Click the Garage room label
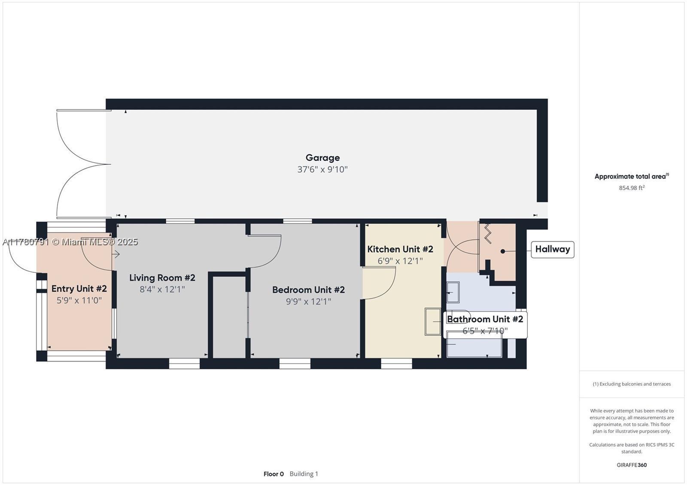tap(322, 158)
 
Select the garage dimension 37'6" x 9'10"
tap(322, 169)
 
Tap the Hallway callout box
tap(552, 250)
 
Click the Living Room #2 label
tap(162, 277)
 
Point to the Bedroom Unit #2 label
tap(309, 290)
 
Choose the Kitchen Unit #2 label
tap(400, 250)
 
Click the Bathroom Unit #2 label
tap(485, 319)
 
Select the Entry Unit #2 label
tap(79, 289)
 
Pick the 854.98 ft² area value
tap(632, 188)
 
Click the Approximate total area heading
tap(632, 176)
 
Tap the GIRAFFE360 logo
tap(632, 465)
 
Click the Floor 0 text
tap(274, 474)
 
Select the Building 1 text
tap(304, 474)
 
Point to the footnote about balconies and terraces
tap(632, 384)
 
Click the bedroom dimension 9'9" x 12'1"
tap(309, 301)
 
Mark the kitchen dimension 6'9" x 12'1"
tap(400, 261)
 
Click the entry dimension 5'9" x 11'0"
tap(79, 300)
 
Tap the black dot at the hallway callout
tap(503, 251)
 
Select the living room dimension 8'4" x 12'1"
tap(162, 289)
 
